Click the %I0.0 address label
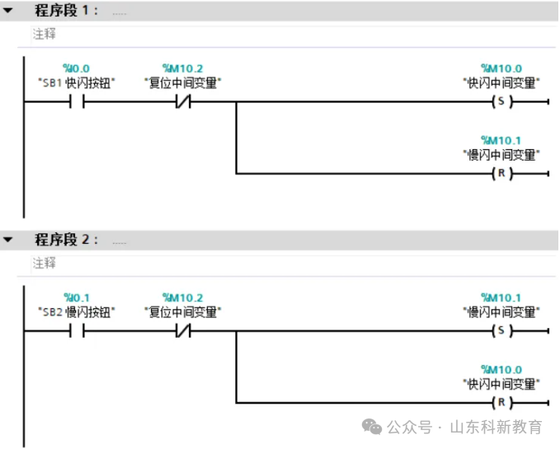point(76,68)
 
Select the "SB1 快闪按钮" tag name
point(77,82)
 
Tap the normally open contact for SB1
point(77,103)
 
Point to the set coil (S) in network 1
point(501,103)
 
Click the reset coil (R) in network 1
point(501,174)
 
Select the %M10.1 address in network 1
point(501,139)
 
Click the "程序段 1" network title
point(65,12)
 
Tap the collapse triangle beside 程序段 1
point(9,12)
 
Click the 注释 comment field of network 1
point(45,35)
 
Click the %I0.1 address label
point(76,297)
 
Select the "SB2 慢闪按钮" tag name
point(77,311)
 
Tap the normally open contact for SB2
point(77,332)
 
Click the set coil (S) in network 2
point(501,332)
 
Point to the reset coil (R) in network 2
point(501,403)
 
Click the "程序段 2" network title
point(65,240)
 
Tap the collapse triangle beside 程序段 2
point(9,240)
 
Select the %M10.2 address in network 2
point(182,297)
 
